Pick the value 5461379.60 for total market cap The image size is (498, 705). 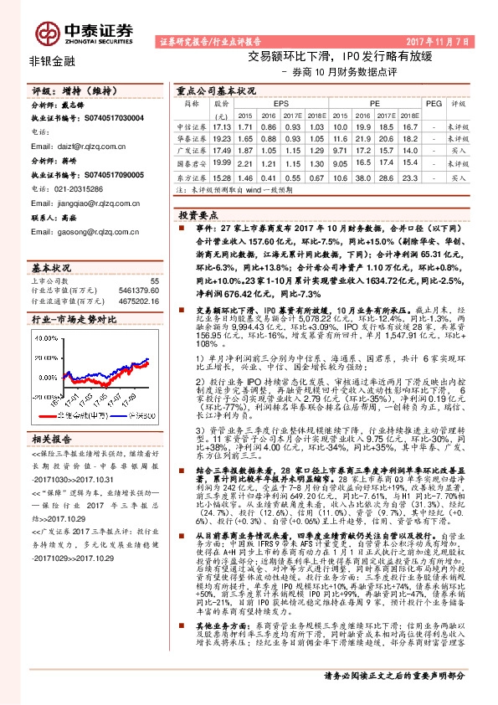click(x=136, y=290)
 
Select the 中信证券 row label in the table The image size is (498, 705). click(x=193, y=126)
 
